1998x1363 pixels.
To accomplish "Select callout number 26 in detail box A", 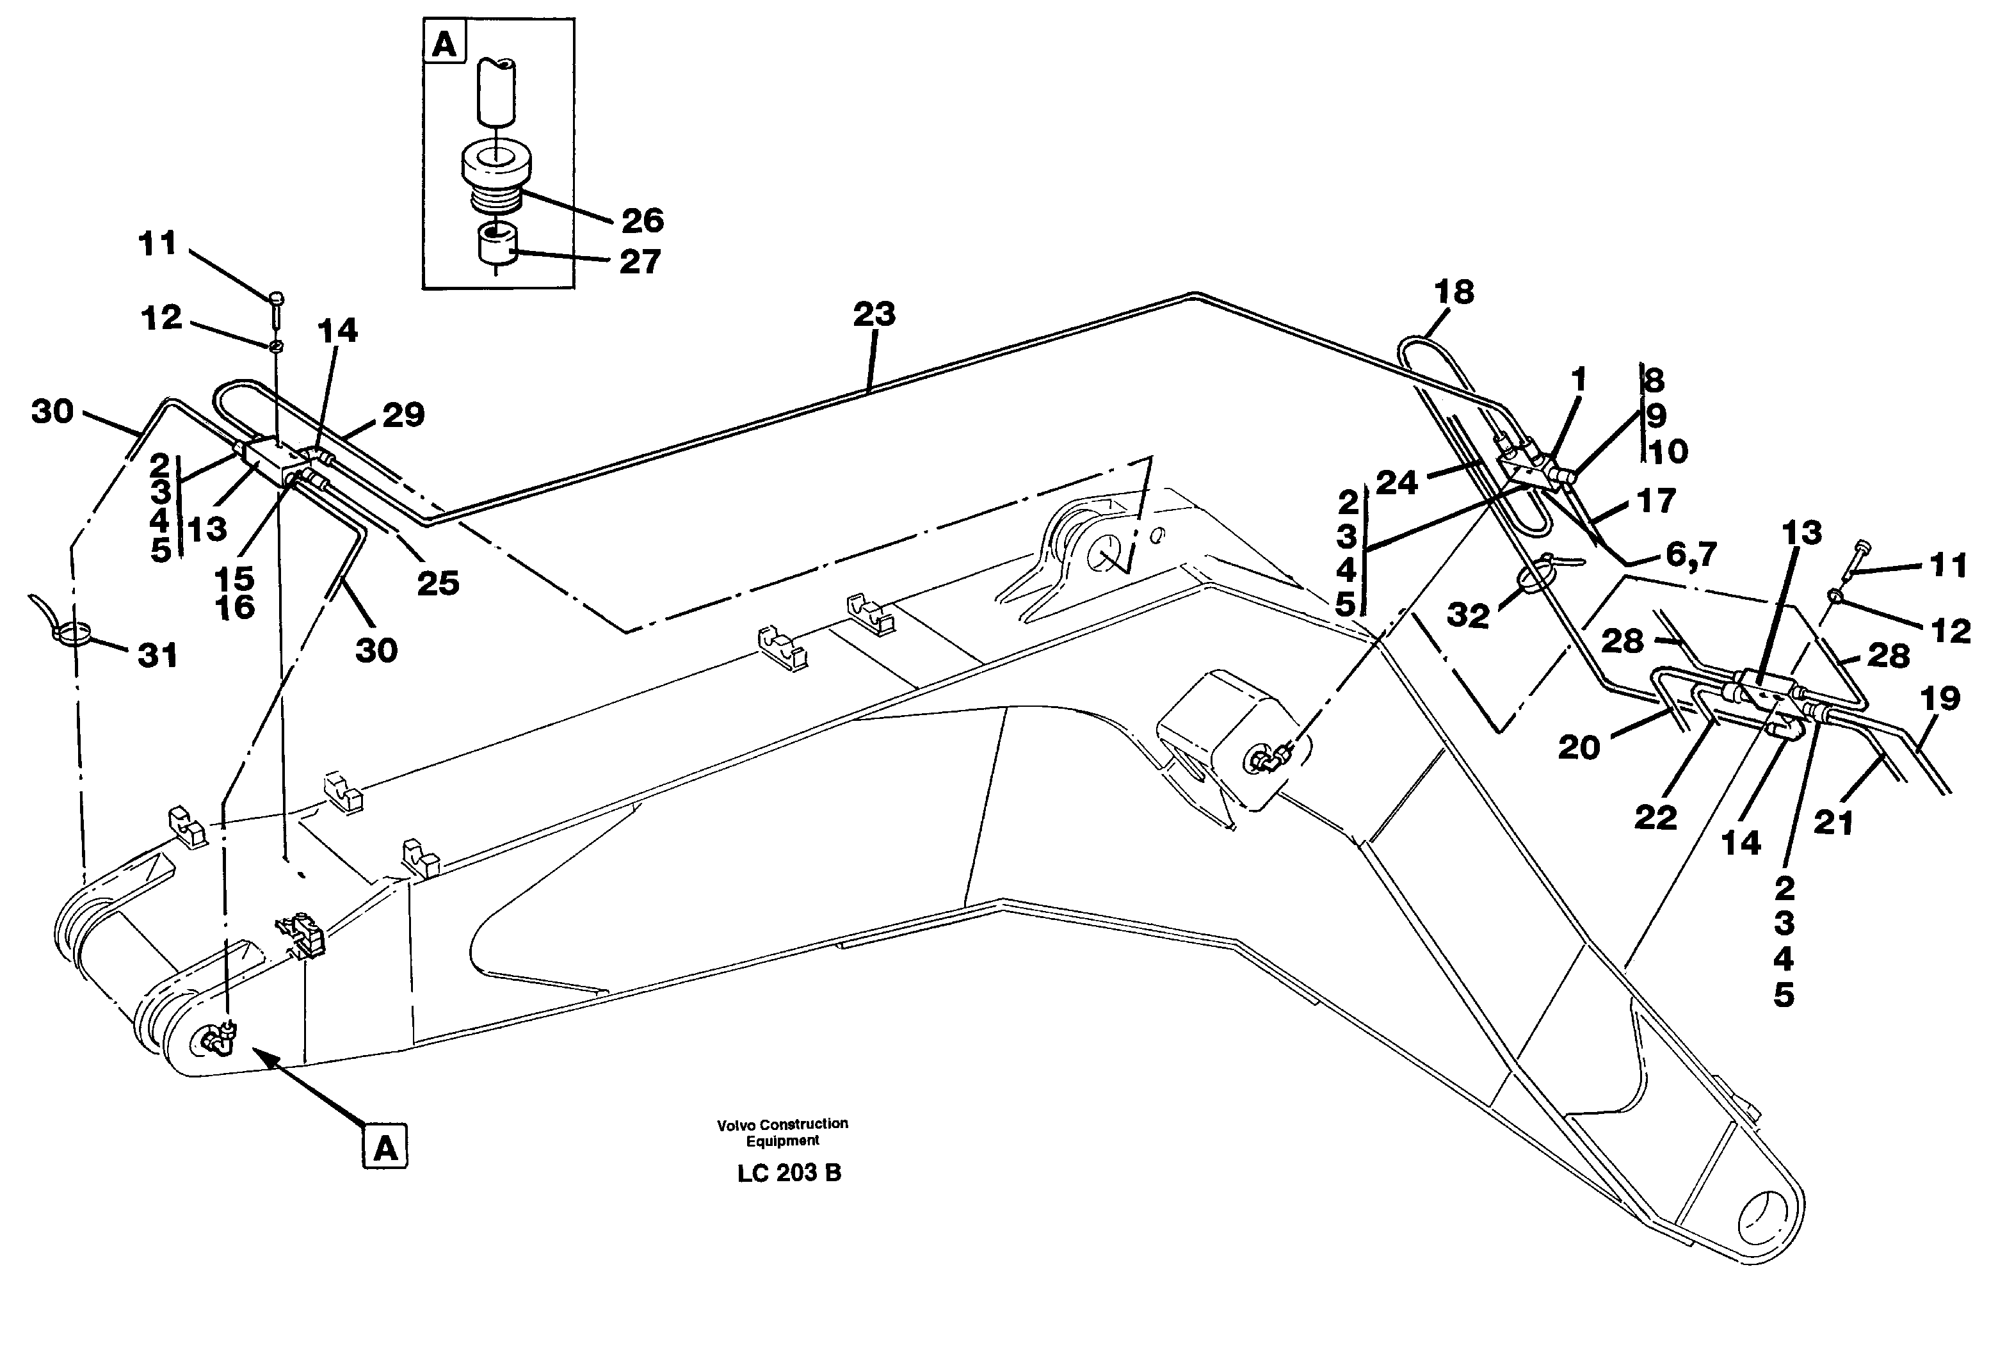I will point(642,221).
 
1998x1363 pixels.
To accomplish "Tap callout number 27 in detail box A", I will point(640,261).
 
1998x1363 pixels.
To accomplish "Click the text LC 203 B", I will point(788,1173).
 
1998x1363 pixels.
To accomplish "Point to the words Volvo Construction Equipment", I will point(782,1132).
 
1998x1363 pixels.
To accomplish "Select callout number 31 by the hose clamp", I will point(157,656).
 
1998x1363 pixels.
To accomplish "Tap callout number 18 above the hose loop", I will point(1454,293).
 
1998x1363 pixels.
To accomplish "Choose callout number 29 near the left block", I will point(403,415).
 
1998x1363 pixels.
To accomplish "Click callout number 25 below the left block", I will point(438,584).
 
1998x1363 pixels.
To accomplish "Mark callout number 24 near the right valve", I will point(1396,483).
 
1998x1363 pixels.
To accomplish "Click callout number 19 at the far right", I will point(1940,698).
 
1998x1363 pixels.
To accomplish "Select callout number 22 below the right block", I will point(1655,817).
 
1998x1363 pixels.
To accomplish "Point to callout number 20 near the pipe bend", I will point(1579,747).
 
